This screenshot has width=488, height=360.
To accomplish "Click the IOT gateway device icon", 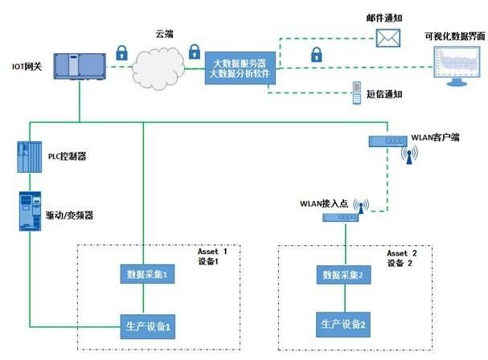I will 78,66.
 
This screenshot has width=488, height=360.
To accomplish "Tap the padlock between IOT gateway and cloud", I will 121,54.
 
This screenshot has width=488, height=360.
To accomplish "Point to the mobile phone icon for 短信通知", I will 357,94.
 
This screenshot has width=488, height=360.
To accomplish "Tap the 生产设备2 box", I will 343,325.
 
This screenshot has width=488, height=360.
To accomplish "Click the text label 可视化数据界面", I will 455,37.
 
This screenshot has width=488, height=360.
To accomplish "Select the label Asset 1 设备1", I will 214,257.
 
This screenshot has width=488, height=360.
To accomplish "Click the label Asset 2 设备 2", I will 403,257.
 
